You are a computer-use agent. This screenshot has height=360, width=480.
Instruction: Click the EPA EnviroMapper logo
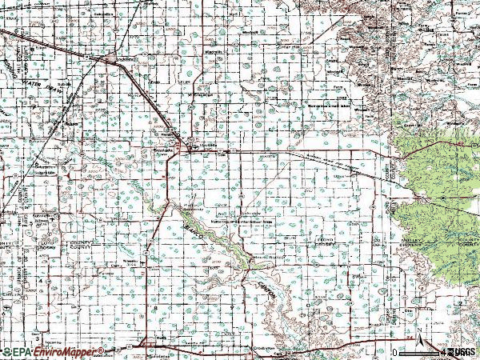pos(53,352)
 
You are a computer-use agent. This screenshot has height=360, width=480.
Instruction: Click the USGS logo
pos(460,352)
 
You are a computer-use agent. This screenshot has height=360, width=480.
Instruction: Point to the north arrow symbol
pos(418,332)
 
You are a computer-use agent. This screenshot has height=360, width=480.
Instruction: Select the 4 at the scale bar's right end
pos(442,352)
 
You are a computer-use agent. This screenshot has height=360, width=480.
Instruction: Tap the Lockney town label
pos(124,58)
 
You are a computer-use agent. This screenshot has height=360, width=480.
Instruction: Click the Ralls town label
pos(160,338)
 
